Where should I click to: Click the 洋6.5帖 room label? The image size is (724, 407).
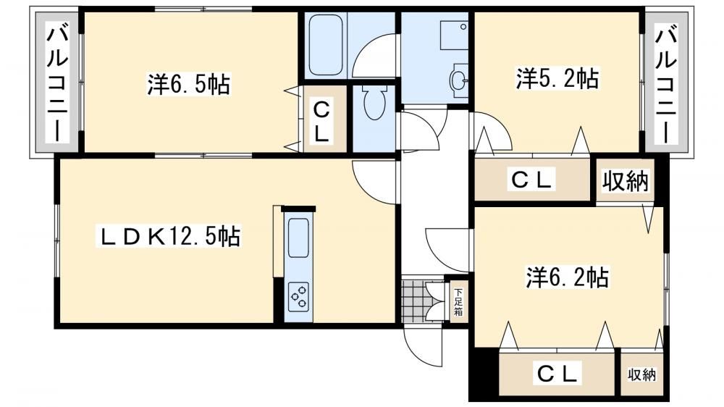188,84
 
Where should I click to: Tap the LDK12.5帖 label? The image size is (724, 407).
168,236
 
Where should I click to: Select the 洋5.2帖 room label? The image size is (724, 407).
557,78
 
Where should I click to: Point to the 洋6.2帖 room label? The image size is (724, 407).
568,277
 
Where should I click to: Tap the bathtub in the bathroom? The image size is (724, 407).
326,46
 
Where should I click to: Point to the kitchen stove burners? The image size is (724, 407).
298,297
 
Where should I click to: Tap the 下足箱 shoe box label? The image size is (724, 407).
458,302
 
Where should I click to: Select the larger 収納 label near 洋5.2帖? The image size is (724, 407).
626,181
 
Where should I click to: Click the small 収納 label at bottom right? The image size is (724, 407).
641,374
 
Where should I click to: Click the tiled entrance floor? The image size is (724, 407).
413,301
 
